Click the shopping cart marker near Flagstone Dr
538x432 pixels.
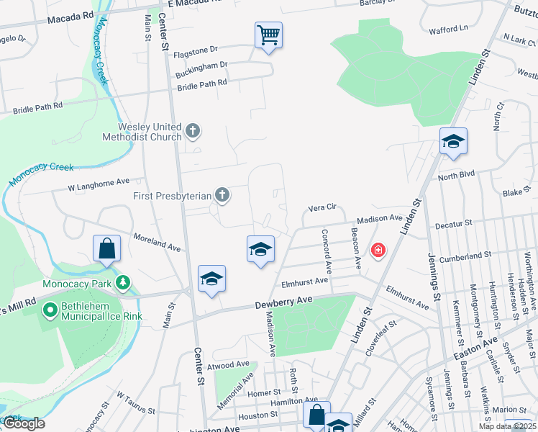point(268,35)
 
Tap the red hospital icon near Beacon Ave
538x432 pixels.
point(377,251)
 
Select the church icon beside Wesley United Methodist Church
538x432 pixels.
point(192,130)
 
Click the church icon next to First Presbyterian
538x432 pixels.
point(222,194)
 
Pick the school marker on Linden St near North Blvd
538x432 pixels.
point(454,141)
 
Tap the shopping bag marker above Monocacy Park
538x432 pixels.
point(106,248)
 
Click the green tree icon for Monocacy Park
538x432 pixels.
point(124,283)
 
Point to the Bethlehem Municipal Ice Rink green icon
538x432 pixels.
point(50,311)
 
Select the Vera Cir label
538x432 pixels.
point(322,207)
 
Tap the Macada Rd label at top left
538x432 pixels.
point(70,15)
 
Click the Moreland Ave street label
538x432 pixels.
point(158,241)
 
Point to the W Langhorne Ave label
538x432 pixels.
point(98,185)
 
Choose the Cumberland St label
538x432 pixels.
point(466,255)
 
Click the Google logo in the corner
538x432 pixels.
point(24,423)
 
